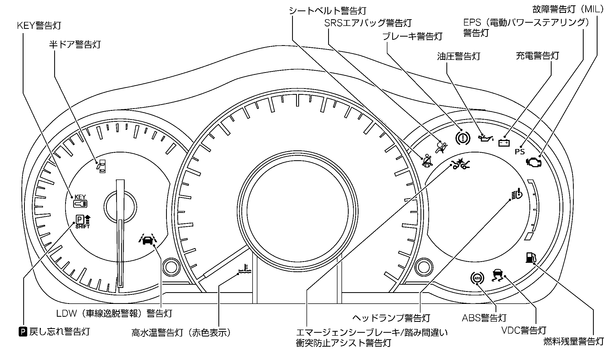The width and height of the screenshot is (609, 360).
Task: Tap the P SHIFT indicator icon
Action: (x=83, y=222)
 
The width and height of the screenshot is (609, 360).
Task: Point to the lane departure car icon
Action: (x=148, y=240)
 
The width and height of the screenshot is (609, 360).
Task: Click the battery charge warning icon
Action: (x=504, y=143)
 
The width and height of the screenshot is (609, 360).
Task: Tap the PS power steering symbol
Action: (x=520, y=152)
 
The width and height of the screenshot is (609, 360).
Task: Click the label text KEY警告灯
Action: (x=39, y=26)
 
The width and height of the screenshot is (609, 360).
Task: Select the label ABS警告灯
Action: (x=484, y=318)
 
